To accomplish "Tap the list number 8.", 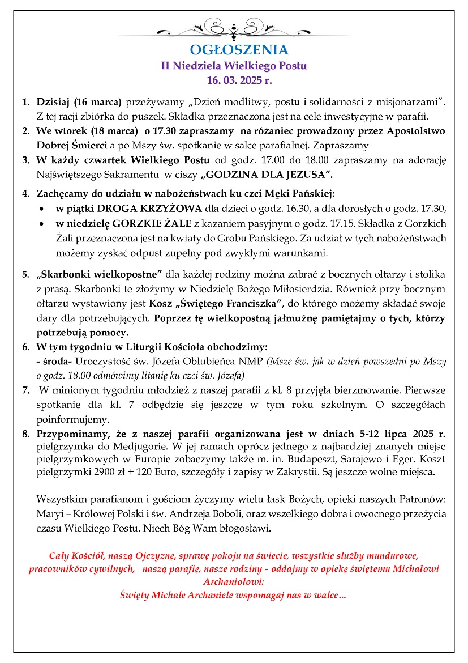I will click(25, 434).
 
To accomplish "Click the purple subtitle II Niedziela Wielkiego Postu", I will click(234, 66).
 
